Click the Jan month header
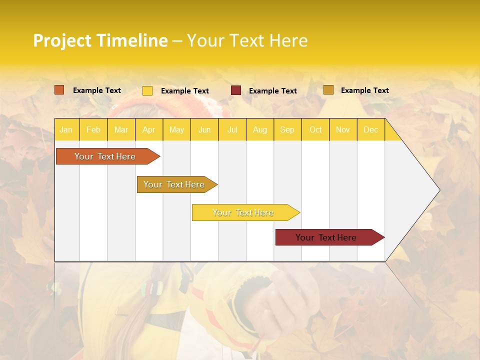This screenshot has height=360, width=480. click(x=66, y=129)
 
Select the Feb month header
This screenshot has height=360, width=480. click(x=93, y=129)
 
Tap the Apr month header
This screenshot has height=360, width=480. click(x=148, y=129)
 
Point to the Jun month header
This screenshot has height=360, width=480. click(x=204, y=129)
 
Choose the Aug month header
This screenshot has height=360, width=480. click(x=259, y=129)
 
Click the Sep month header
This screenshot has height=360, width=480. click(x=287, y=129)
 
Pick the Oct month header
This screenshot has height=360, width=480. click(x=315, y=129)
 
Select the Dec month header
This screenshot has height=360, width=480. click(x=370, y=129)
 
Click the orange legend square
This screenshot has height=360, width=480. click(x=59, y=90)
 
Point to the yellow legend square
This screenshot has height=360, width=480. click(x=147, y=90)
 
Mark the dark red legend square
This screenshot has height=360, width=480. click(x=236, y=90)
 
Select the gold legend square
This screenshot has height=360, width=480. click(x=328, y=90)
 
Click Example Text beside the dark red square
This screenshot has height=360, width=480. click(x=272, y=91)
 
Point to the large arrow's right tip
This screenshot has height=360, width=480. click(x=438, y=190)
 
